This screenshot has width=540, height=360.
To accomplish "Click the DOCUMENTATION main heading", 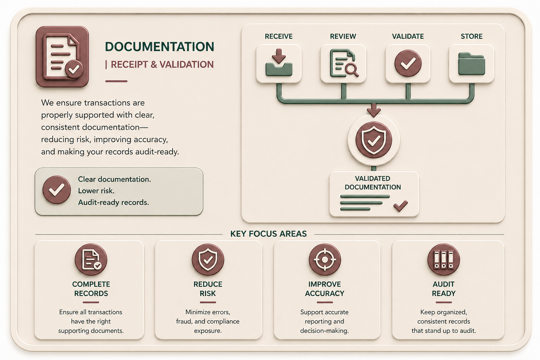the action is tap(160, 46).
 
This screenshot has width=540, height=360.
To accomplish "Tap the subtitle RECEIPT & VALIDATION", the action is tap(162, 64).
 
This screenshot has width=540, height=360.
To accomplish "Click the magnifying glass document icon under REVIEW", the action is tap(343, 63).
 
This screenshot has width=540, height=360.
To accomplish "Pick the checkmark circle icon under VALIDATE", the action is tap(408, 63).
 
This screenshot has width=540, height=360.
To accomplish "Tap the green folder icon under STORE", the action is tap(471, 64).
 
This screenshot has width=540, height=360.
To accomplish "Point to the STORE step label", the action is tap(471, 37).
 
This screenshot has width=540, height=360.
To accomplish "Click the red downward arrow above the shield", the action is tap(374, 110).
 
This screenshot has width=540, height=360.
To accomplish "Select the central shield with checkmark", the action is tap(374, 140).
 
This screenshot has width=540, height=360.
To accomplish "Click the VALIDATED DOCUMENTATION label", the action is tap(373, 183).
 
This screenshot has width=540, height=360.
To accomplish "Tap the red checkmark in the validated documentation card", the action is tap(400, 206).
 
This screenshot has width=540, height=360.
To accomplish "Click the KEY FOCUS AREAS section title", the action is tap(269, 234).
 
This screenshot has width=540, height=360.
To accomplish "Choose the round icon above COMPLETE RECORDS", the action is tap(91, 260).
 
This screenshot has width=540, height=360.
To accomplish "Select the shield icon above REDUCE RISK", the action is tap(208, 260).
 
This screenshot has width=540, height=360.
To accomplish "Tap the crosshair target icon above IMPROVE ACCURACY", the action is tap(325, 260).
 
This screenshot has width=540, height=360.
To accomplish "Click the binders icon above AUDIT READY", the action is tap(444, 260).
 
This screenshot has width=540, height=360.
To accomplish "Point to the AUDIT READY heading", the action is tap(444, 289).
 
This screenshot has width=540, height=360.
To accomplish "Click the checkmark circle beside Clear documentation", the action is tap(57, 190).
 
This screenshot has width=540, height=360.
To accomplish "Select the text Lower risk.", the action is tap(96, 191).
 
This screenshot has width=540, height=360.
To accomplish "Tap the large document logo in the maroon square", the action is tap(62, 57).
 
